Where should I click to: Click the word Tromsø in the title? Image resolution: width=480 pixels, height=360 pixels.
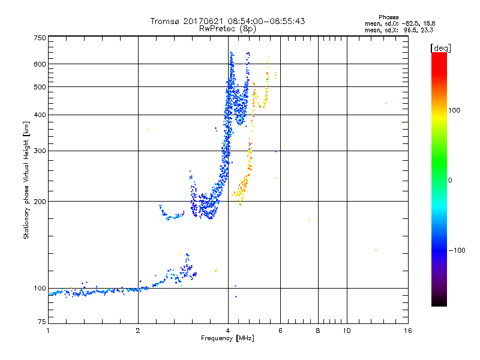point(164,21)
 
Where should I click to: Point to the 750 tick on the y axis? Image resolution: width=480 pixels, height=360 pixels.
point(40,38)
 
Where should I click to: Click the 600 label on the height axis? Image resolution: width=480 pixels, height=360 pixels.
point(40,64)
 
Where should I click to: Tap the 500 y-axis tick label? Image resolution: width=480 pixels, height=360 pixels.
point(40,86)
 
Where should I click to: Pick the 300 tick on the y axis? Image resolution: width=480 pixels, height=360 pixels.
point(40,151)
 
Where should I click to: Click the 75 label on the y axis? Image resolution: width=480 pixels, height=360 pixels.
point(41,324)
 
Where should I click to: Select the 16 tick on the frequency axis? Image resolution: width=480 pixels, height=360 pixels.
point(407,331)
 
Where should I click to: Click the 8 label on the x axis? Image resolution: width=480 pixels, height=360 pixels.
point(318,331)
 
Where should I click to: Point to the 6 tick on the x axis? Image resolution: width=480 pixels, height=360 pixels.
point(280,331)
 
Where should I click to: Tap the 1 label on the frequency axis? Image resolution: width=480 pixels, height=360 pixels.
point(48,331)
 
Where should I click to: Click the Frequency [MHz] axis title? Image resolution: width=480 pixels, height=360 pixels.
point(227,339)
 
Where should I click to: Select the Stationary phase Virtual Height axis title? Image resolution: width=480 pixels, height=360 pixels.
point(26,181)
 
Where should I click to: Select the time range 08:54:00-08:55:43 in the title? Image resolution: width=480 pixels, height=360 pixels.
point(260,21)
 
